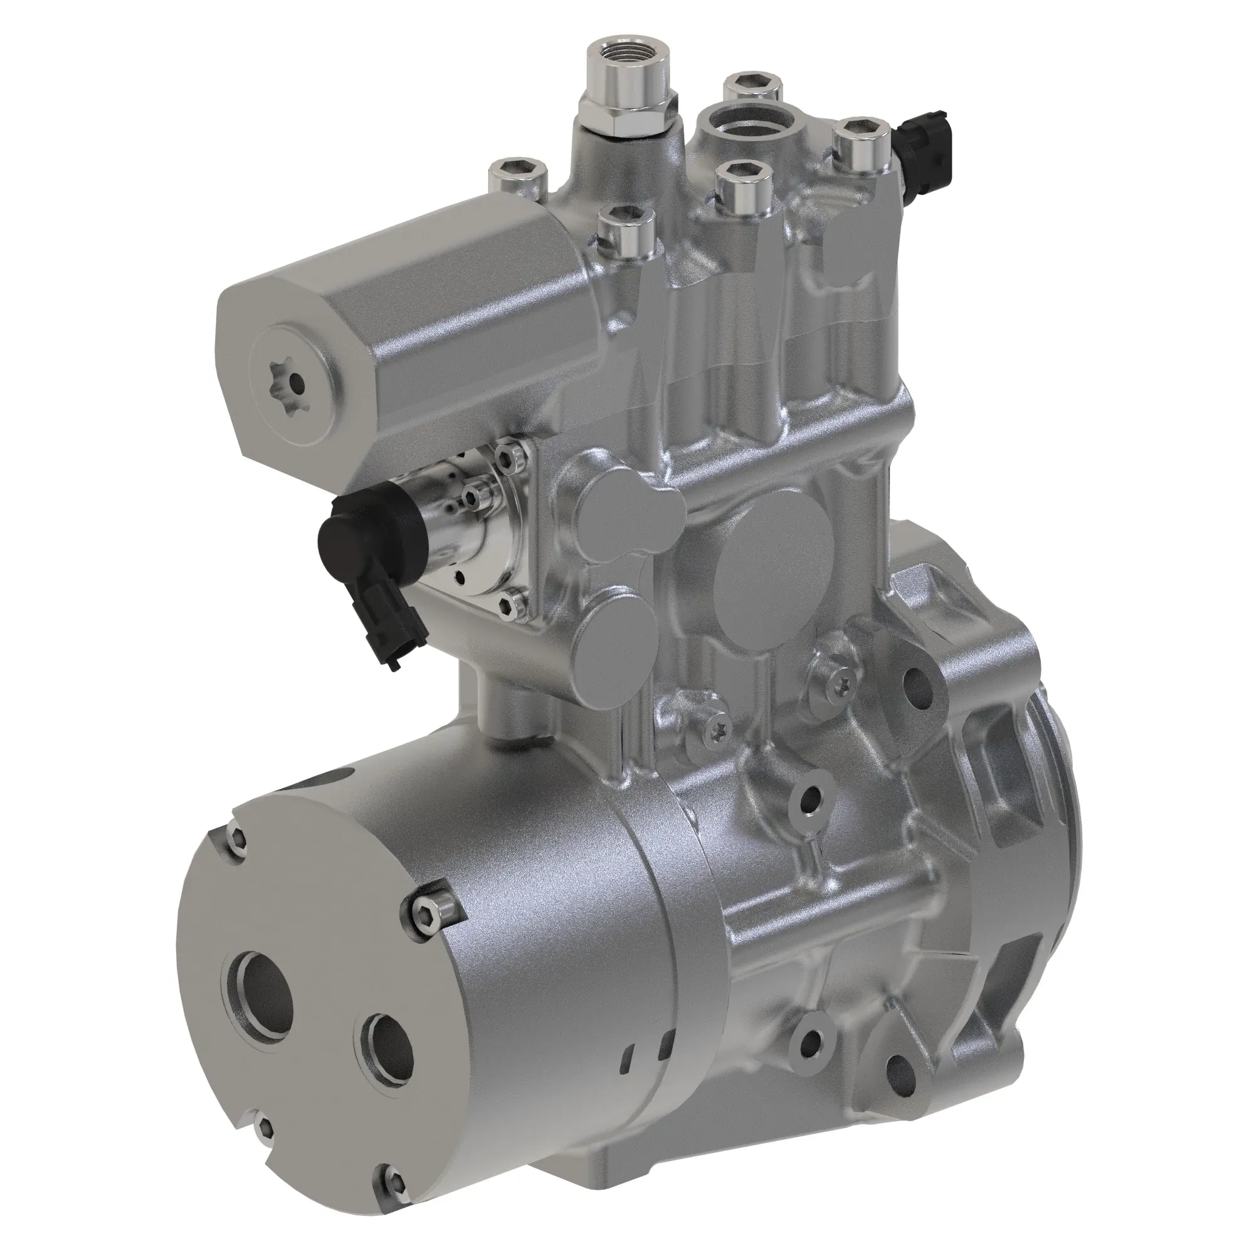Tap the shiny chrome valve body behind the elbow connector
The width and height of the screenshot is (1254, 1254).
coord(455,519)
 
